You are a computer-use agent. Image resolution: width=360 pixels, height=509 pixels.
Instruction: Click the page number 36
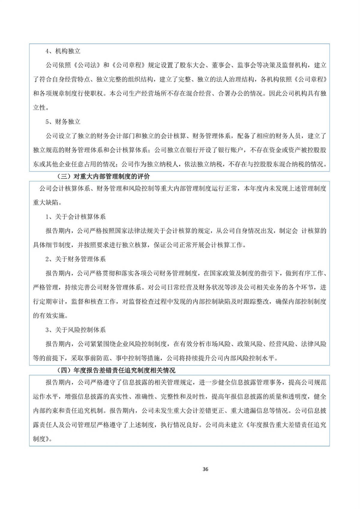coord(205,469)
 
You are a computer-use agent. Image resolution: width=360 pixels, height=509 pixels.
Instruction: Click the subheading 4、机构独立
coord(63,51)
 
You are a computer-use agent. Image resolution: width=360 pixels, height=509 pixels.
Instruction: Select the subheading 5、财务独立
coord(63,122)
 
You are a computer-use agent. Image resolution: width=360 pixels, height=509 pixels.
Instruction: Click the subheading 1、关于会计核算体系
coord(76,217)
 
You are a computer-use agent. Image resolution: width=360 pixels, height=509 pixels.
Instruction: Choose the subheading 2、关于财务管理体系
coord(76,259)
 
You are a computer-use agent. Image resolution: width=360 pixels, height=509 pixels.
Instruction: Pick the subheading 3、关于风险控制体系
coord(76,330)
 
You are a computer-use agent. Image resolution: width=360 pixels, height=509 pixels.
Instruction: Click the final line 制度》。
coord(43,439)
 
